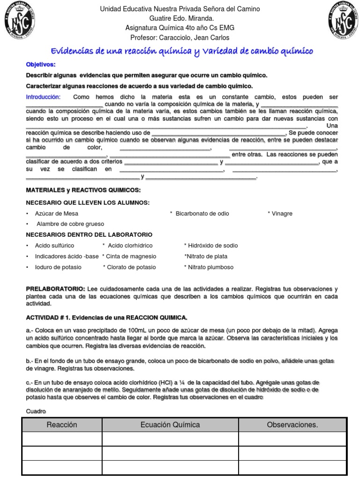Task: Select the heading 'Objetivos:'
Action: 41,64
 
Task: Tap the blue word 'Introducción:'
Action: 43,97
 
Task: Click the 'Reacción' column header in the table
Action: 61,425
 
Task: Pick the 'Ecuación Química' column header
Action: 170,425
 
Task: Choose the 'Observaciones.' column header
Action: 292,425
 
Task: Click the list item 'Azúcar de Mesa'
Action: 56,213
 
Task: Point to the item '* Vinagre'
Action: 280,213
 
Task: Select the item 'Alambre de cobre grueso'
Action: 70,224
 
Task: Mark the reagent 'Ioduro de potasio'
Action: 58,267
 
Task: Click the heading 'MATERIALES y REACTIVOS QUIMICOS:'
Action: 83,190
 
